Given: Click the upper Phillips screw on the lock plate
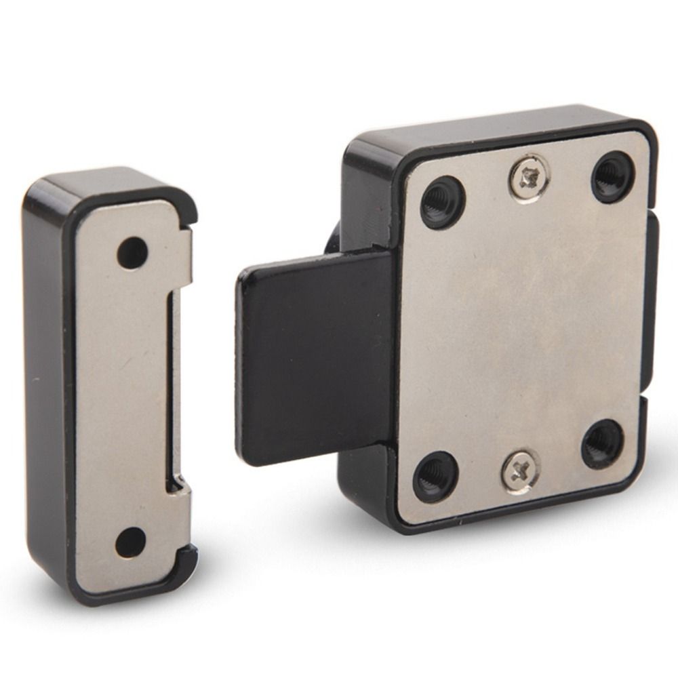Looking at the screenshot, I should (529, 178).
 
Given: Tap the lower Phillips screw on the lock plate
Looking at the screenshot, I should (521, 471).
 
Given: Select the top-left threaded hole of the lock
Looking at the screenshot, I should (443, 203).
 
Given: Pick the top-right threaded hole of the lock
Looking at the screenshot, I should (613, 176).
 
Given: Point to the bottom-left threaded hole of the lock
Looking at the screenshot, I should (435, 477).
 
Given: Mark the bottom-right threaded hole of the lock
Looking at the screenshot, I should (602, 444).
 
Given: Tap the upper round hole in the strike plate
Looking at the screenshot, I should (132, 253).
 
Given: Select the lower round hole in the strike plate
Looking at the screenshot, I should (130, 542).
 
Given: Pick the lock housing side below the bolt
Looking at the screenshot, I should (363, 481).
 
